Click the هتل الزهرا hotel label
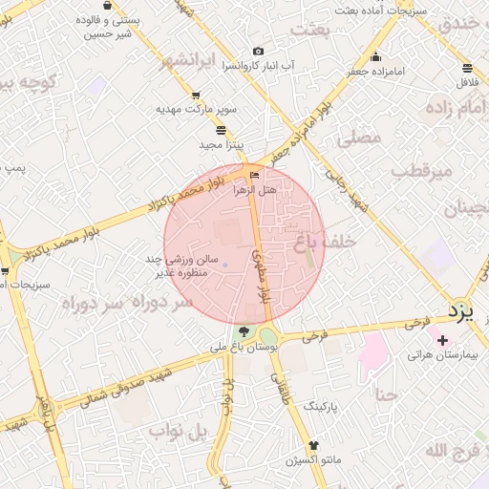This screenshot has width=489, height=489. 255,190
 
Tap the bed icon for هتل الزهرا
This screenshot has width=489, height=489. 254,175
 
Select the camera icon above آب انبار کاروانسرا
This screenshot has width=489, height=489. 257,51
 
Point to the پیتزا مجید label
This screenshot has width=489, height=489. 222,144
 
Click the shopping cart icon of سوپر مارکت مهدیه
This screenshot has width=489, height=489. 196,95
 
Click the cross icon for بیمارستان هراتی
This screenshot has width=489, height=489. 441,339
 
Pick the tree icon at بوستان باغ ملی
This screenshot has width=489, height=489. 244,332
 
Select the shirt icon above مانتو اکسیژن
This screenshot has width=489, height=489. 313,446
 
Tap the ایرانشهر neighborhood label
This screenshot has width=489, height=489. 195,61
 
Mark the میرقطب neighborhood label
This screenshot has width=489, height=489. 413,172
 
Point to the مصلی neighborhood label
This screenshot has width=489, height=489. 360,138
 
